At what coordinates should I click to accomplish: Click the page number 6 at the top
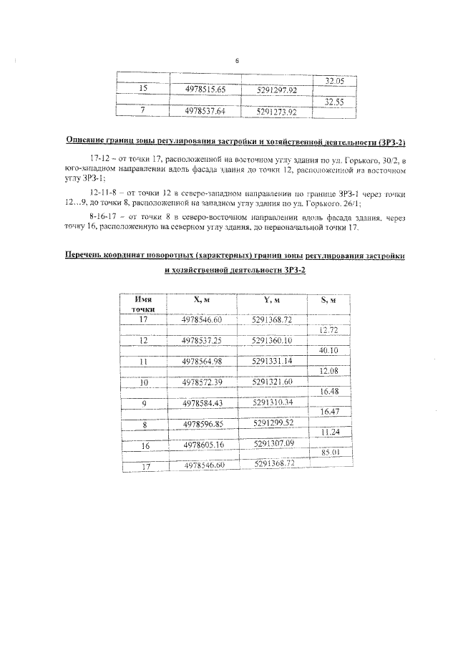(237, 60)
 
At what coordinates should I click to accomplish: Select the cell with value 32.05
(335, 81)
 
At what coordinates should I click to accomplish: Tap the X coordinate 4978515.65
(205, 90)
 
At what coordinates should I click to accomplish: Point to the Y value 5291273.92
(276, 112)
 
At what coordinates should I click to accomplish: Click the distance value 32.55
(335, 102)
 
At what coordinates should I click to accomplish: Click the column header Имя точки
(142, 304)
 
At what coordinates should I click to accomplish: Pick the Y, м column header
(271, 300)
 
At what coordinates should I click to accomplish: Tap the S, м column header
(329, 300)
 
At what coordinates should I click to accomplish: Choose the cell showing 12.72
(329, 330)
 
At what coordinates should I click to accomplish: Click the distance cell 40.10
(329, 350)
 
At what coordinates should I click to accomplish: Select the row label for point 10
(142, 383)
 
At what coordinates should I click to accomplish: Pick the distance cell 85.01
(330, 453)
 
